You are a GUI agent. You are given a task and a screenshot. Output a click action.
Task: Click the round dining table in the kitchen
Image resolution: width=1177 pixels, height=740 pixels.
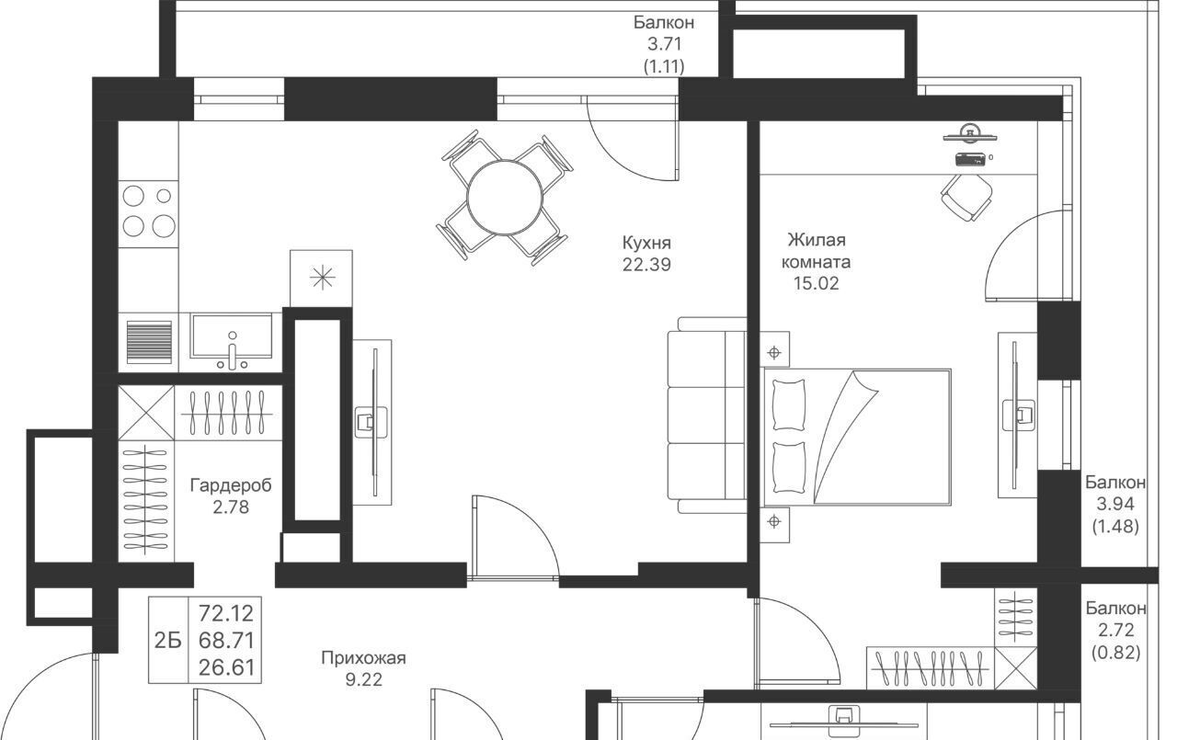(x=505, y=198)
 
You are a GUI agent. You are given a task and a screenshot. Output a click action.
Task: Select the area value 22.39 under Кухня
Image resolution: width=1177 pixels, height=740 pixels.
(x=646, y=265)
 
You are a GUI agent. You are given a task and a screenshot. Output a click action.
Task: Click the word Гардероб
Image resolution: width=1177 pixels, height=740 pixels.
(x=231, y=485)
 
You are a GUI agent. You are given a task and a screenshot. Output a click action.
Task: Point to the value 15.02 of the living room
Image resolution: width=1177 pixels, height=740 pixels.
(x=816, y=284)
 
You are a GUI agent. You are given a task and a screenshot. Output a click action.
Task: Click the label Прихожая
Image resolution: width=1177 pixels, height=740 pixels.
(x=363, y=657)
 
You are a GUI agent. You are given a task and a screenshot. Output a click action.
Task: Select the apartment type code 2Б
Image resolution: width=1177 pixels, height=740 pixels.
(x=168, y=641)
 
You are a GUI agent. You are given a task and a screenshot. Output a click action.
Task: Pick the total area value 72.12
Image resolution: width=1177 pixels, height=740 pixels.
(x=226, y=613)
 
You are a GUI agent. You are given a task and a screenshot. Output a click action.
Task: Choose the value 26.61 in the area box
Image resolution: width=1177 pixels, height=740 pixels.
(x=226, y=667)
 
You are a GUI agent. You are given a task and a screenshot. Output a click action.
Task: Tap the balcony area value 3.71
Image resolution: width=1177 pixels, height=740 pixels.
(x=664, y=44)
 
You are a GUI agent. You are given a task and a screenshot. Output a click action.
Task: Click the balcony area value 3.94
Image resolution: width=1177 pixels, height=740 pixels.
(x=1115, y=504)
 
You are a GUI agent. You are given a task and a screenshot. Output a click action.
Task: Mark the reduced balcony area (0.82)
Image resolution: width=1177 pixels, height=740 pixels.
(x=1115, y=653)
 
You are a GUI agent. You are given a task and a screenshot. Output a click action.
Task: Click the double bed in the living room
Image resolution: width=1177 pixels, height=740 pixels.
(x=858, y=438)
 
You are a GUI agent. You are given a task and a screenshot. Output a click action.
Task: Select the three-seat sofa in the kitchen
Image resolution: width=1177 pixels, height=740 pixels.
(x=707, y=415)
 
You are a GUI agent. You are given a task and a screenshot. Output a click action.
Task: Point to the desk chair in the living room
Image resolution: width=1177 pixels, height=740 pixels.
(x=966, y=198)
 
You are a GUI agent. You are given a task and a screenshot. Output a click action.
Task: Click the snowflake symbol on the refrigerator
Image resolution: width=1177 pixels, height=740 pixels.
(x=322, y=278)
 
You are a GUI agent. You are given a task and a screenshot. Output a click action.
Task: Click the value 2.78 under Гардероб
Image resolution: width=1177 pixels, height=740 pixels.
(x=231, y=507)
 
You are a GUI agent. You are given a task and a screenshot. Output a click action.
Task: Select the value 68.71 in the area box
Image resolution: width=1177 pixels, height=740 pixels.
(x=226, y=640)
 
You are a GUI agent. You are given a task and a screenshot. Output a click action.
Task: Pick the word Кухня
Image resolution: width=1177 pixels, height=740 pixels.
(x=646, y=243)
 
